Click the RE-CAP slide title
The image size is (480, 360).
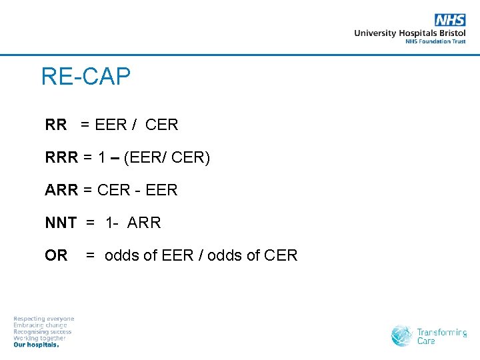pyautogui.click(x=85, y=77)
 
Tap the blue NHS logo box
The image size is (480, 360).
pyautogui.click(x=450, y=20)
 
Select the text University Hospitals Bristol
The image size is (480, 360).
pyautogui.click(x=410, y=33)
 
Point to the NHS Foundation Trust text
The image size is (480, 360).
pyautogui.click(x=435, y=41)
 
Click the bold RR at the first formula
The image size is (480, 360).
pyautogui.click(x=56, y=125)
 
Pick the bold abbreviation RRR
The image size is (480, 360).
pyautogui.click(x=61, y=157)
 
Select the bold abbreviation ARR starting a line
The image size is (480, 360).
pyautogui.click(x=61, y=190)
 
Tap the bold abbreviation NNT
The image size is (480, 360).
pyautogui.click(x=61, y=223)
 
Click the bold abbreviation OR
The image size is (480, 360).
pyautogui.click(x=56, y=255)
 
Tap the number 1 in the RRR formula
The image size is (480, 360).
pyautogui.click(x=102, y=157)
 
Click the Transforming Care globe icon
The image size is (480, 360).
pyautogui.click(x=402, y=335)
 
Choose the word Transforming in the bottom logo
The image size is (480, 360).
pyautogui.click(x=442, y=332)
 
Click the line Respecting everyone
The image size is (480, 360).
pyautogui.click(x=44, y=319)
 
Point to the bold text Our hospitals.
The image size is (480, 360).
pyautogui.click(x=37, y=345)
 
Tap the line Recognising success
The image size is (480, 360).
pyautogui.click(x=43, y=331)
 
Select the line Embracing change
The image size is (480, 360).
pyautogui.click(x=41, y=325)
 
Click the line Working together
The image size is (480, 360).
pyautogui.click(x=40, y=338)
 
